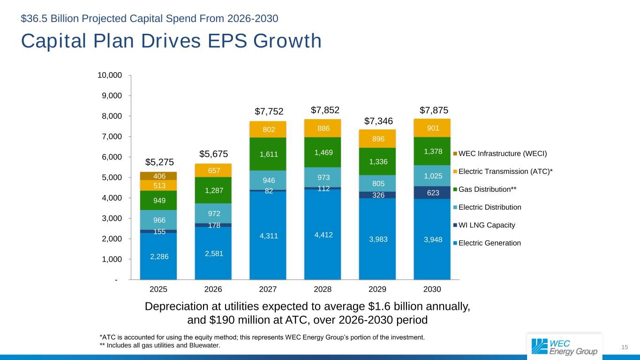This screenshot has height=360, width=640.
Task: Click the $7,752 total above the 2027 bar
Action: point(269,111)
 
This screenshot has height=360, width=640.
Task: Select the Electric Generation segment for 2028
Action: point(323,234)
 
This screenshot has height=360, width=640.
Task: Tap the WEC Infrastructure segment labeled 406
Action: point(158,176)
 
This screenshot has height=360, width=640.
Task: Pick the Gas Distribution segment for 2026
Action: point(213,190)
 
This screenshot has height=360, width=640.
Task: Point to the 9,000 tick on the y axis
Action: point(113,96)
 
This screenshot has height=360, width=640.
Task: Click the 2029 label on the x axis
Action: point(377,289)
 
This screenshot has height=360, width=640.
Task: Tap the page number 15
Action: point(625,347)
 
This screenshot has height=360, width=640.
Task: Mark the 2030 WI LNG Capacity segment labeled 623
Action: point(432,192)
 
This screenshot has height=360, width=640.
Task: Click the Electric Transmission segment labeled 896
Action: point(377,138)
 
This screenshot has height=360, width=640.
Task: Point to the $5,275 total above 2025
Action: point(159,162)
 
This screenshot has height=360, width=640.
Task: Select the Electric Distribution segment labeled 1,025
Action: point(432,176)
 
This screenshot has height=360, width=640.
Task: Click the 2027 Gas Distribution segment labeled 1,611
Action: point(268,154)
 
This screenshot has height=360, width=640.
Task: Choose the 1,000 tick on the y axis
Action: point(113,259)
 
